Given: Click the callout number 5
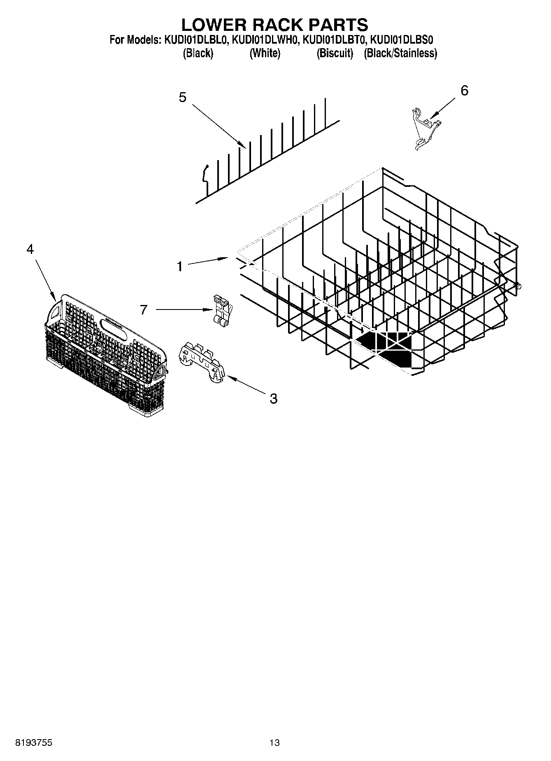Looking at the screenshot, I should [x=182, y=98].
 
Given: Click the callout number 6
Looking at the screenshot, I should [x=464, y=91].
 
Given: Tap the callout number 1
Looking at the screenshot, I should [x=180, y=267].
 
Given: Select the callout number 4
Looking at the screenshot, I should [x=30, y=249].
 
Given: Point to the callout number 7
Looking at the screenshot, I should [x=143, y=310].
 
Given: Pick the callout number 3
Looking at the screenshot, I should [x=274, y=398].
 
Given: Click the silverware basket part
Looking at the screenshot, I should [x=105, y=354].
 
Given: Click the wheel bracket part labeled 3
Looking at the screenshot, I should [x=203, y=360].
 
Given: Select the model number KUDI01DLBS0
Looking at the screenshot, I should [x=402, y=40].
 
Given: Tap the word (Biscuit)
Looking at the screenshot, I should [x=335, y=53].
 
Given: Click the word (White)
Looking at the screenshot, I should [x=265, y=53].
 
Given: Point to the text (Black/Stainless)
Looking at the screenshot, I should [x=400, y=53].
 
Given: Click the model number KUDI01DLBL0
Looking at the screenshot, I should [x=196, y=40].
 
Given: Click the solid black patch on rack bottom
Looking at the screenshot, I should [x=387, y=346].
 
